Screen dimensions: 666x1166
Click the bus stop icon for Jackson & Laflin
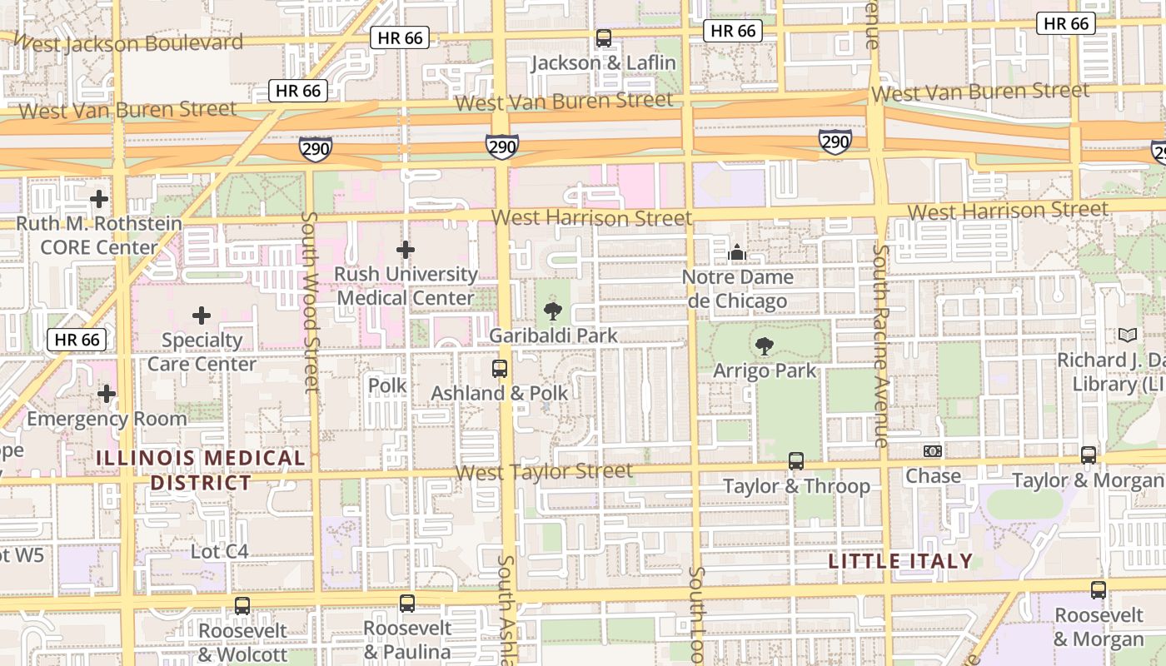click(x=604, y=38)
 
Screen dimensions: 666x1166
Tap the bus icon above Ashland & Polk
click(x=500, y=369)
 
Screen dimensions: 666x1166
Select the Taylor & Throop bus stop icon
click(x=796, y=461)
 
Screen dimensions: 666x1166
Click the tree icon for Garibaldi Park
click(x=551, y=312)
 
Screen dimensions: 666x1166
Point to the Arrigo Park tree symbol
click(x=764, y=346)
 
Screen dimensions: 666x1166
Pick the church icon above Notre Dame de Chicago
click(x=737, y=252)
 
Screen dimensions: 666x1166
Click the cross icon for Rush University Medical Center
click(x=406, y=250)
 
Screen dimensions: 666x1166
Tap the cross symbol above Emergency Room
click(x=107, y=394)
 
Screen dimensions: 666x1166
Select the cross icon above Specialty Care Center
click(x=202, y=316)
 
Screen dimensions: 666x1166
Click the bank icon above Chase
click(x=933, y=451)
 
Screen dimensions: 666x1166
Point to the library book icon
click(x=1128, y=335)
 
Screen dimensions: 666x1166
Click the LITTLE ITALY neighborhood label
click(x=900, y=561)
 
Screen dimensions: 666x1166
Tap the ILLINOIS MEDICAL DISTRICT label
click(x=201, y=470)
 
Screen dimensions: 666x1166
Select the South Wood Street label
click(x=310, y=301)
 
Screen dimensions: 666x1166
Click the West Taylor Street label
click(x=545, y=472)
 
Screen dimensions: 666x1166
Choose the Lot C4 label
click(x=220, y=551)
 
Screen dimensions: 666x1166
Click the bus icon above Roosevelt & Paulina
click(x=407, y=604)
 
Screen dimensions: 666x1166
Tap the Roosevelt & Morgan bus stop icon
click(x=1099, y=590)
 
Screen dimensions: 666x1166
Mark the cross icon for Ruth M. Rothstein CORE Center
click(x=99, y=199)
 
